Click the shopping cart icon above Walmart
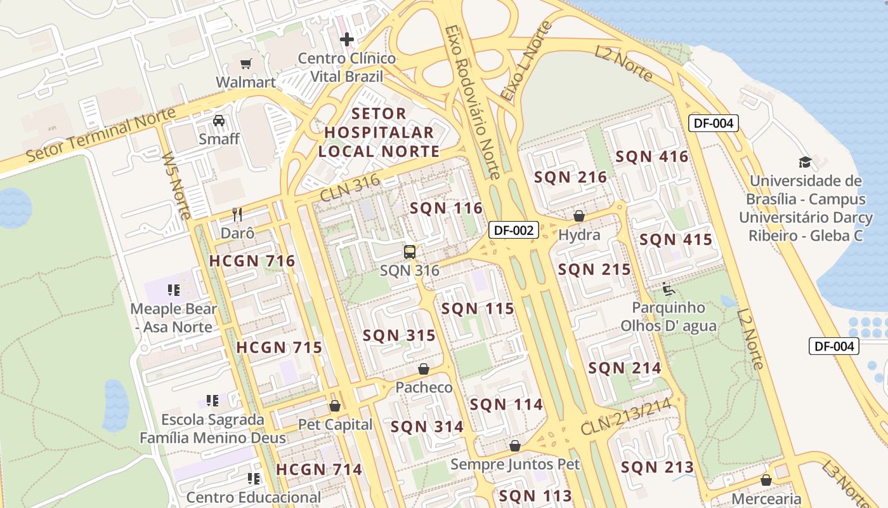point(245,63)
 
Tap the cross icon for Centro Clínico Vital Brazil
point(346,39)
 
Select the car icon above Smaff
point(219,120)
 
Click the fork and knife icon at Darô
point(237,214)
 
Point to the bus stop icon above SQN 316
point(410,251)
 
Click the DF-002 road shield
point(513,230)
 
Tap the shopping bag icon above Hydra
point(578,216)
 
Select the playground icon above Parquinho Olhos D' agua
point(669,289)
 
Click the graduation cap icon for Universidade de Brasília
point(805,162)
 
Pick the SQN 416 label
point(651,156)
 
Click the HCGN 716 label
point(252,261)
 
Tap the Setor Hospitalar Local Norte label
point(379,133)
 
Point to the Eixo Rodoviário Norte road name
point(473,102)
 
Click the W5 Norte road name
point(176,185)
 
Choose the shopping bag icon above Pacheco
point(424,369)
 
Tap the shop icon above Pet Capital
point(335,406)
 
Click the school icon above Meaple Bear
point(174,290)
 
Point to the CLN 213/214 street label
point(625,417)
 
